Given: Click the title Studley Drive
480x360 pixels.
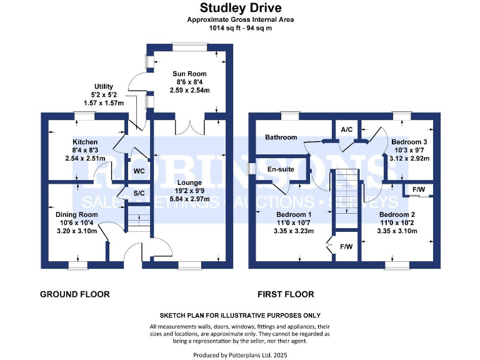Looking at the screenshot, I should (240, 8).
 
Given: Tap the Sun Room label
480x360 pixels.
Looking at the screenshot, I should (190, 74).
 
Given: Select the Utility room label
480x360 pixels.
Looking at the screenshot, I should (104, 86).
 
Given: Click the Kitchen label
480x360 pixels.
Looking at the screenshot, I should (86, 142).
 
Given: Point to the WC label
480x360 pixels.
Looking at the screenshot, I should (139, 170).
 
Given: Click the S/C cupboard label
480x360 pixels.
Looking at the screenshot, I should (139, 194).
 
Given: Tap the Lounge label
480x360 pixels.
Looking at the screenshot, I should (189, 182).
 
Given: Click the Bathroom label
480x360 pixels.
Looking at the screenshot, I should (281, 137).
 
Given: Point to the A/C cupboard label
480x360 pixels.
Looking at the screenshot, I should (347, 129).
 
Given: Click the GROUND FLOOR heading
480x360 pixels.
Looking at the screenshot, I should (75, 294).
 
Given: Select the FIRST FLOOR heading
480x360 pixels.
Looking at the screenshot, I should (286, 294).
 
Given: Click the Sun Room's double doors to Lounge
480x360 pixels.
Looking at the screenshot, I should (189, 127).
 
